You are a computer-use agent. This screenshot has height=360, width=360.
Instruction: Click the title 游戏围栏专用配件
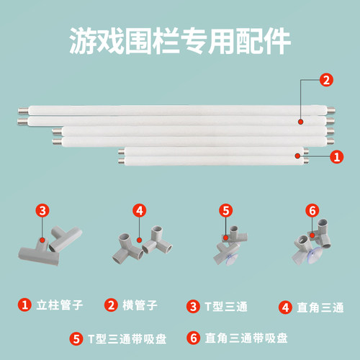[180, 41]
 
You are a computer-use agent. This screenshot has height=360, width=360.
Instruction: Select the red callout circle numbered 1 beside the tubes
[335, 155]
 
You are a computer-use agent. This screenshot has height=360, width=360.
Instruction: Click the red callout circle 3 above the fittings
[43, 210]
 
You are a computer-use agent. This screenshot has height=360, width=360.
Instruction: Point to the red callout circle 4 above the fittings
[140, 210]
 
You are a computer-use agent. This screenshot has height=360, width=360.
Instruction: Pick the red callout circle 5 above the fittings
[225, 210]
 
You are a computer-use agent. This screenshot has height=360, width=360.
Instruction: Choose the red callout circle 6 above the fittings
[312, 210]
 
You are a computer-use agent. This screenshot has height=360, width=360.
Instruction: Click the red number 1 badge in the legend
[25, 305]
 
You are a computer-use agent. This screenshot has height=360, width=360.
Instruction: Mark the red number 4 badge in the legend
[284, 306]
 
